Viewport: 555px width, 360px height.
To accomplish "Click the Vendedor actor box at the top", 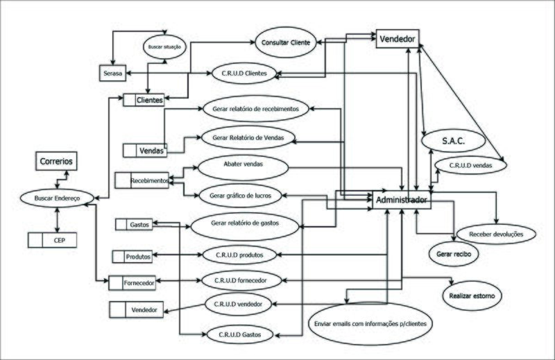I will (397, 40).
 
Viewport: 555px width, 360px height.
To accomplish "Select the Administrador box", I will (402, 200).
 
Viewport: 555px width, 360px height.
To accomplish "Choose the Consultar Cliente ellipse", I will (286, 42).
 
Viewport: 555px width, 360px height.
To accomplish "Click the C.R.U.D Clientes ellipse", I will (248, 73).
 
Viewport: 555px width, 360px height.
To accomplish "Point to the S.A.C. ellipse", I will (453, 141).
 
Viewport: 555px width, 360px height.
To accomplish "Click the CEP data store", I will (52, 241).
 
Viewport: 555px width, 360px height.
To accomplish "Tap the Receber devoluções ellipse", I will (497, 234).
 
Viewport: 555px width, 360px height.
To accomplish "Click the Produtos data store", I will (137, 257).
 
